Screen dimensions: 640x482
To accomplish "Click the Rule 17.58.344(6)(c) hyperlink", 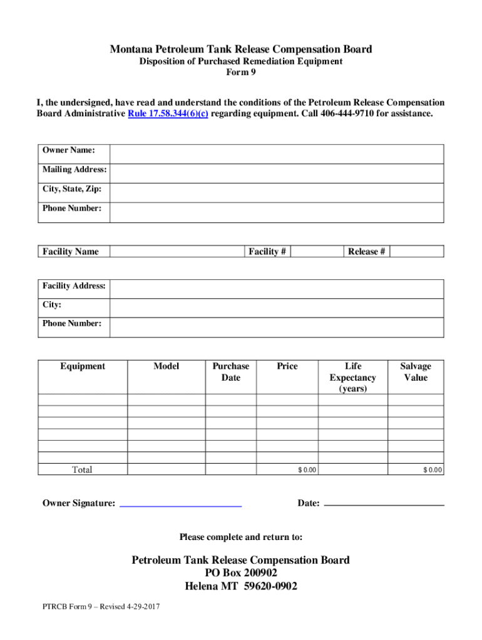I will coord(168,114).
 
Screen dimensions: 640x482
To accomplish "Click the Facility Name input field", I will coord(175,251).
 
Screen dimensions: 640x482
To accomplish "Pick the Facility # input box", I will coord(317,251).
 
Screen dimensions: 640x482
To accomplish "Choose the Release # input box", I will coord(417,251).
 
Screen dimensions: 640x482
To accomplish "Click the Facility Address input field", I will coord(276,289).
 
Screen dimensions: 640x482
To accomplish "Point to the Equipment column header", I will coord(83,366).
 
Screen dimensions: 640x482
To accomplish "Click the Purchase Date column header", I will coord(230,372).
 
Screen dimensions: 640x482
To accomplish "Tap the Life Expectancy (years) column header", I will coord(353,377).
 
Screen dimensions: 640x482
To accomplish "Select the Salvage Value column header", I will coord(416,372).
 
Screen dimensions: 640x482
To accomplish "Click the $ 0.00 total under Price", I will coord(307,470).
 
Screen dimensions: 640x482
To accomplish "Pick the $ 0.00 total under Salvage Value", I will coord(432,470).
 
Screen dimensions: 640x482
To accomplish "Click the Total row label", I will coord(82,470).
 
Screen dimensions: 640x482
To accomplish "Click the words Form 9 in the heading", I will coord(241,72).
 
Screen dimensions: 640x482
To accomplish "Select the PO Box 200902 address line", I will coord(241,573).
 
